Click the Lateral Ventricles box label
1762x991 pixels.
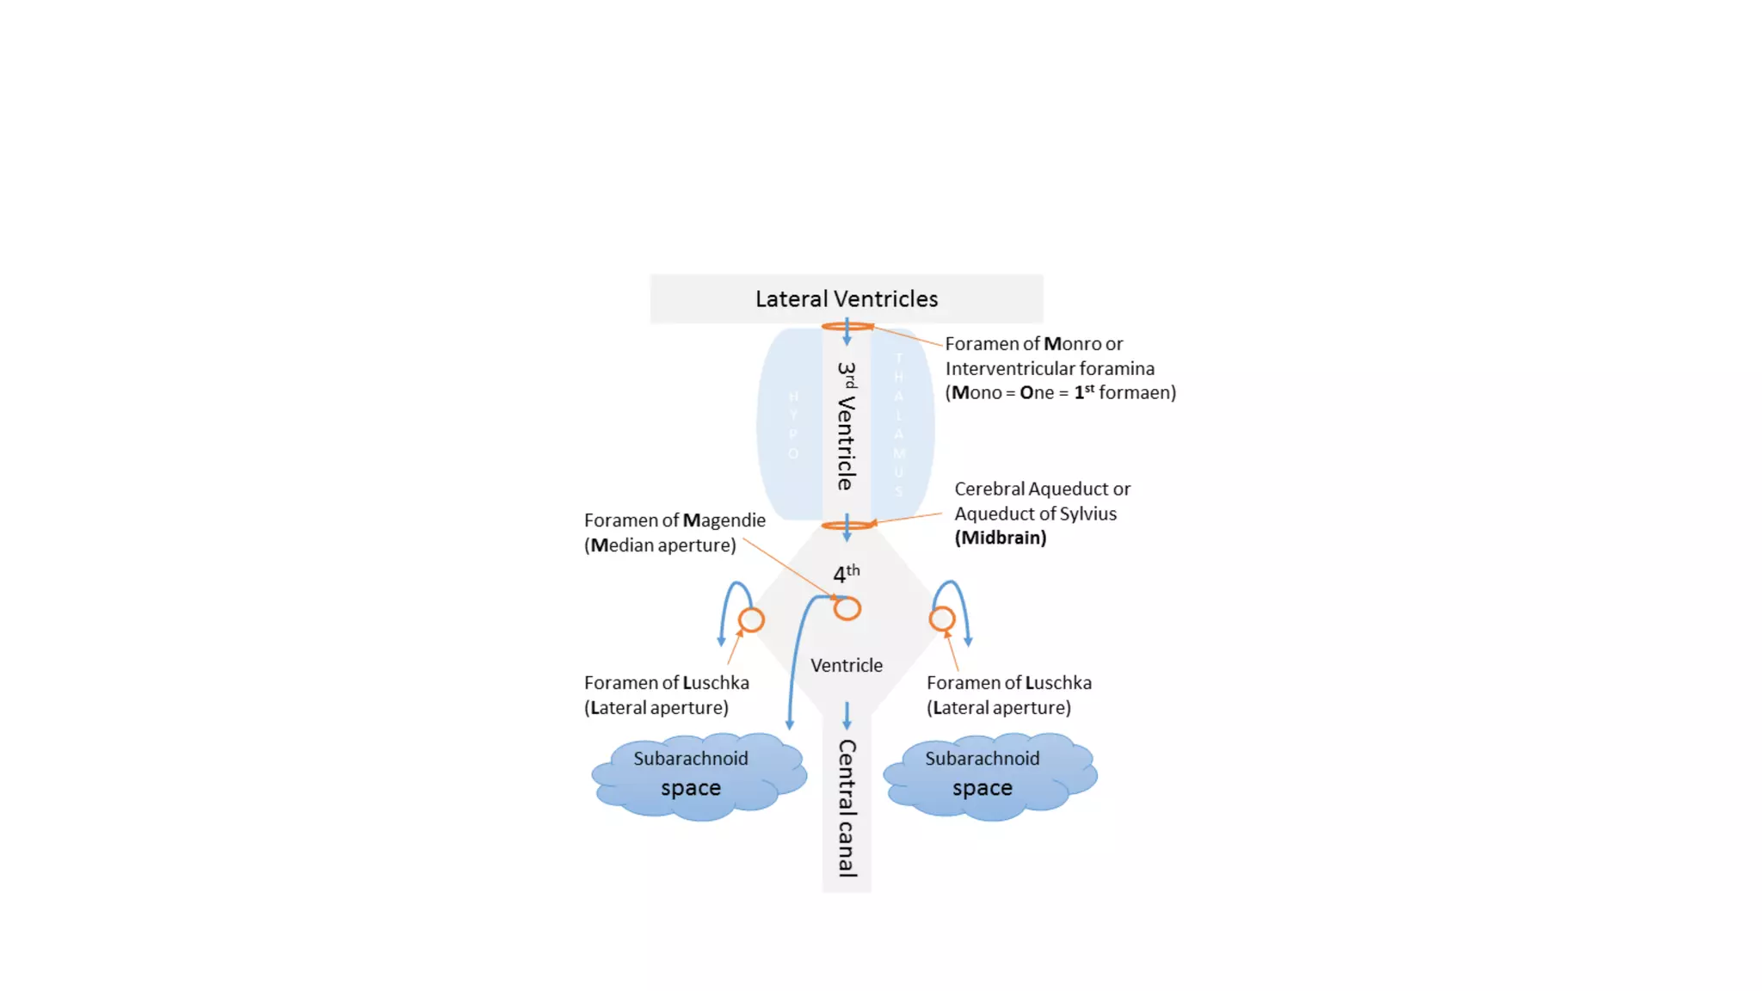pos(847,299)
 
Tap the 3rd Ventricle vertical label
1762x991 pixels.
pos(847,426)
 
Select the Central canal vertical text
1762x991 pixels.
pos(847,808)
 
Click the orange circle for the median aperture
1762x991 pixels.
pos(847,609)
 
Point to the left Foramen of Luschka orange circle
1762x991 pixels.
pos(751,619)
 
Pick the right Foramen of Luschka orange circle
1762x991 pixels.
pos(942,619)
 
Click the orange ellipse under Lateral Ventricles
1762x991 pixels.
pos(847,327)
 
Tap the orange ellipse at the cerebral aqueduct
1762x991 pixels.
pos(847,525)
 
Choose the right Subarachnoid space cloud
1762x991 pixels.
pos(989,775)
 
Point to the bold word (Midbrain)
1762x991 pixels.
pos(1001,538)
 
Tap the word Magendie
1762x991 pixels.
pos(724,520)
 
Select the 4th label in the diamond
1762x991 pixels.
pos(846,573)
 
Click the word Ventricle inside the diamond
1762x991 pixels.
pos(847,665)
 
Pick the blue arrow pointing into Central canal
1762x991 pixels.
pos(847,716)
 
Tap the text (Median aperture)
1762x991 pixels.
pos(660,545)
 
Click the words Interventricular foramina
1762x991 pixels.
pos(1050,368)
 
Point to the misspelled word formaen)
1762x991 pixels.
pos(1137,392)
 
